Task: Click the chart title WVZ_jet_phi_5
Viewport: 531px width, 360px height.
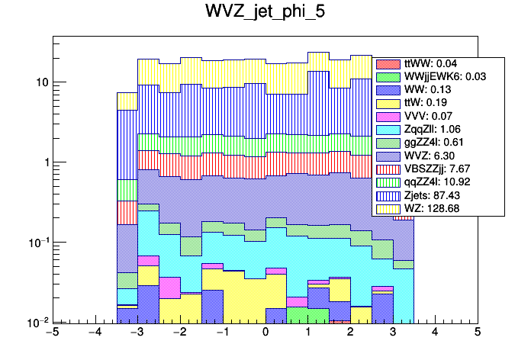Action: (x=265, y=13)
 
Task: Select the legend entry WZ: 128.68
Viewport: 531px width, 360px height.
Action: (x=439, y=208)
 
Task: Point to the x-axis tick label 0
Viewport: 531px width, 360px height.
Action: (x=265, y=333)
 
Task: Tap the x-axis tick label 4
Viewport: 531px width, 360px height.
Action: (x=435, y=333)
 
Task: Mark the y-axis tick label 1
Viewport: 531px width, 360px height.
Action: (x=43, y=162)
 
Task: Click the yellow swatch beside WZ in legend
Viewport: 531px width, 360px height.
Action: (x=388, y=208)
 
